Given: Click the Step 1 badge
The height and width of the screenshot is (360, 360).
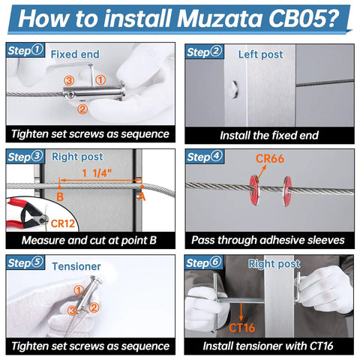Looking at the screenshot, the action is [x=25, y=50].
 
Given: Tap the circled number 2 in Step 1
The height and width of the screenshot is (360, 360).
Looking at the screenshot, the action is [x=82, y=109].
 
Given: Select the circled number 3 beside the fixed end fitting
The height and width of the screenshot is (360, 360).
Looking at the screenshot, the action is [x=69, y=80].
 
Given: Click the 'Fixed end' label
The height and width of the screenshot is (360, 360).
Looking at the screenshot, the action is [x=75, y=54].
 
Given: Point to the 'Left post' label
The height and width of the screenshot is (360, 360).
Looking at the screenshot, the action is [x=260, y=54].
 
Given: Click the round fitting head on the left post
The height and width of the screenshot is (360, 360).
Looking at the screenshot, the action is [x=234, y=89].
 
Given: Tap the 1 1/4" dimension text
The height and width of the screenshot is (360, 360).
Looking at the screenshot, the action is [x=97, y=173].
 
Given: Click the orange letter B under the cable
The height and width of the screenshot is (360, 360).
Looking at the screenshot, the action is [x=60, y=196].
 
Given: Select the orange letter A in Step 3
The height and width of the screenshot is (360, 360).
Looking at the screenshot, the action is [x=142, y=196].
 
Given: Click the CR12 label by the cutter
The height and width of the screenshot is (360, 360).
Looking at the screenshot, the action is [x=63, y=223].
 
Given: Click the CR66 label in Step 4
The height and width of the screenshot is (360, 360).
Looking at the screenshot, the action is [x=270, y=158].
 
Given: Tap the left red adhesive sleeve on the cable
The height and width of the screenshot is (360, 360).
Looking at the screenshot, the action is [x=255, y=188].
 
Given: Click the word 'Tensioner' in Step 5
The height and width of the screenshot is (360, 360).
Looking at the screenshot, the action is [x=76, y=266].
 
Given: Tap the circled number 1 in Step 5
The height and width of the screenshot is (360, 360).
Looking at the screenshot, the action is [x=79, y=290].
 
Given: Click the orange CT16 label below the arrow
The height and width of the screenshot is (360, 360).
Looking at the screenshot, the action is [x=241, y=328].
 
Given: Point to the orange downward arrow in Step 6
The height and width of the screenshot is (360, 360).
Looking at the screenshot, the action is [x=241, y=311].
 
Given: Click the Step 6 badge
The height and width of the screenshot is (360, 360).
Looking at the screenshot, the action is [x=204, y=262].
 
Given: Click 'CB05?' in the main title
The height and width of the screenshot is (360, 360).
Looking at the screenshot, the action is [x=304, y=18].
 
